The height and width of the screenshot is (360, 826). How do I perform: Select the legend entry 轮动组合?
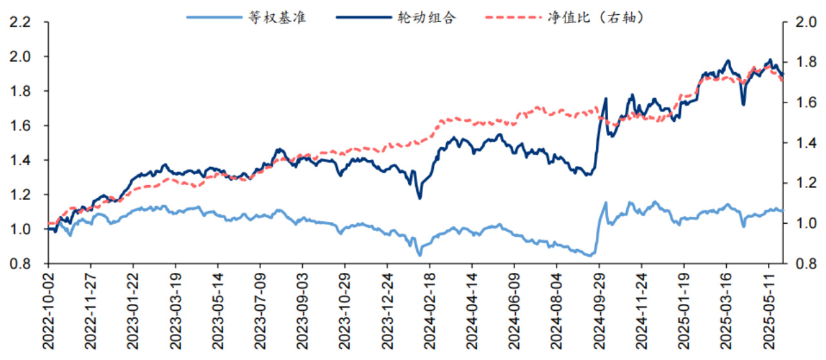point(427,17)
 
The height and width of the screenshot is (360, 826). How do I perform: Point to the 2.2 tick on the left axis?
point(21,22)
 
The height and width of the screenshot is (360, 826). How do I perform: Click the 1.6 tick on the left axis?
point(21,125)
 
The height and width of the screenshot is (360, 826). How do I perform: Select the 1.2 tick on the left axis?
point(21,195)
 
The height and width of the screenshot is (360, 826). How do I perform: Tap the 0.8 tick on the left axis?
point(21,264)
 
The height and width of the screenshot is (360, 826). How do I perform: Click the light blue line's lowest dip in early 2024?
point(419,255)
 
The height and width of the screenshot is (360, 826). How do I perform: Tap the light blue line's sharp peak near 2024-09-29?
point(605,203)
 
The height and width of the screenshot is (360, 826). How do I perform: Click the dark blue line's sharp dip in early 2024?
point(420,198)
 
